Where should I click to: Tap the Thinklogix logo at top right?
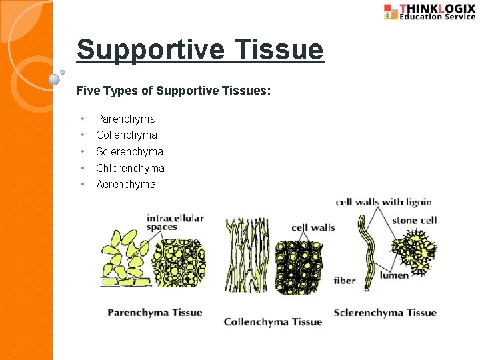[429, 12]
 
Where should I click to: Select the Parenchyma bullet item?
[125, 119]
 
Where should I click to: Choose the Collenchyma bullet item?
[127, 135]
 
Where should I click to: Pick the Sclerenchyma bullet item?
[129, 151]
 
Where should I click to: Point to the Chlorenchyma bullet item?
[130, 168]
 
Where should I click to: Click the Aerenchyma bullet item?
[125, 184]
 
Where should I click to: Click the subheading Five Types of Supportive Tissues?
[173, 90]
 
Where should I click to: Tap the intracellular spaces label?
[175, 222]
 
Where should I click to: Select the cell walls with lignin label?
[383, 202]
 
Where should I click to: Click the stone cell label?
[414, 220]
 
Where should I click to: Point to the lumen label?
[394, 275]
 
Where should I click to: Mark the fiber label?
[345, 281]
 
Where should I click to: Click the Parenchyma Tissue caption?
[155, 312]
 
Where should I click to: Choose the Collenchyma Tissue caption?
[273, 321]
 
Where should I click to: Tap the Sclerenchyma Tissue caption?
[385, 312]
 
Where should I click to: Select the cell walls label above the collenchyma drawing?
[313, 227]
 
